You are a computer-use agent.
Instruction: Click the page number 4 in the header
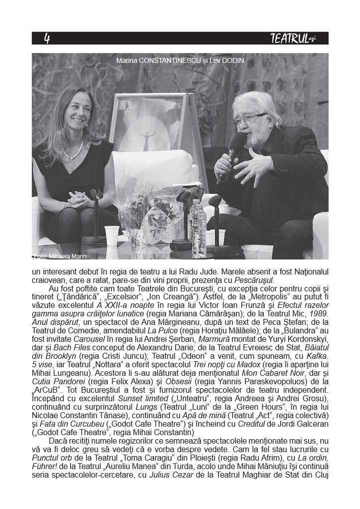click(x=47, y=39)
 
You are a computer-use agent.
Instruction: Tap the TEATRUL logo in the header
click(x=293, y=38)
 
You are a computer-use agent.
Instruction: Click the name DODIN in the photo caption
click(x=233, y=60)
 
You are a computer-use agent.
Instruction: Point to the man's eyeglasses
click(x=249, y=119)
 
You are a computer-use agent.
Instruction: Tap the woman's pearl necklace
click(x=74, y=150)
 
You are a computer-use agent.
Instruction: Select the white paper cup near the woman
click(x=112, y=234)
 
